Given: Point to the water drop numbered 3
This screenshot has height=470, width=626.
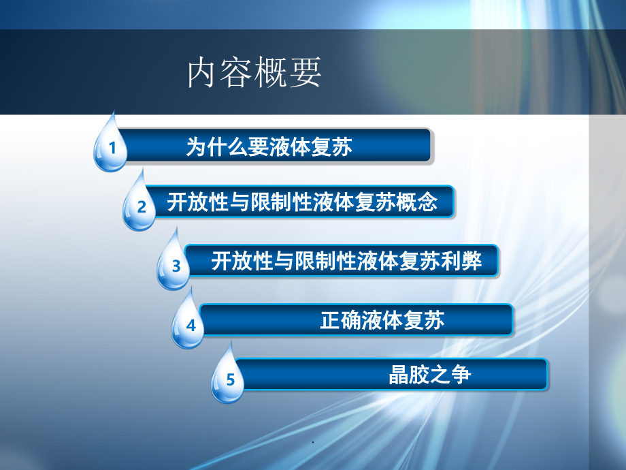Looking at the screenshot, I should tap(175, 264).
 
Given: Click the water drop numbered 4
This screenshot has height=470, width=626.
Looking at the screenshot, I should tap(190, 324).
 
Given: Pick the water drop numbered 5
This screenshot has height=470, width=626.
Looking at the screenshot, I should tap(229, 379).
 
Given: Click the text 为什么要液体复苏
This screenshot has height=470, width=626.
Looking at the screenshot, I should tap(269, 147).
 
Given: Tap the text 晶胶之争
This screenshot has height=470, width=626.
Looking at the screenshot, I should tap(430, 375).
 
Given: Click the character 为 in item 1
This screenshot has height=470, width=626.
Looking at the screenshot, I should tap(196, 147).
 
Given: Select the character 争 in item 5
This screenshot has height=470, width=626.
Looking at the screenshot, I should tap(461, 375).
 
